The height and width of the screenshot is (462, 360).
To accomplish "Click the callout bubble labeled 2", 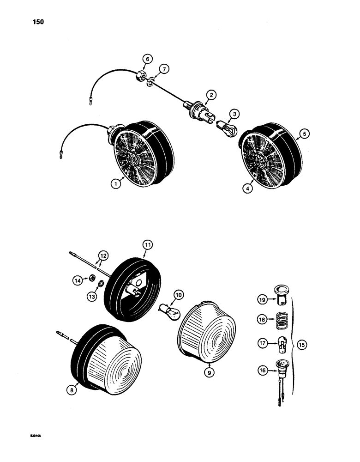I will pos(211,95).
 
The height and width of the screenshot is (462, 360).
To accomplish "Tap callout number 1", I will pos(117,183).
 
